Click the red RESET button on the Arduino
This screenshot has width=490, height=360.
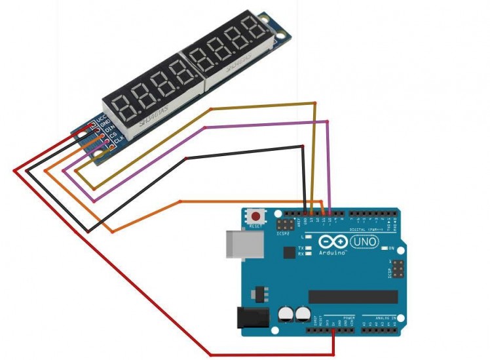click(x=255, y=216)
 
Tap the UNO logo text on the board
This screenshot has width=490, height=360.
click(x=364, y=242)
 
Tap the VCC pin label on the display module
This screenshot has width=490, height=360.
click(x=102, y=117)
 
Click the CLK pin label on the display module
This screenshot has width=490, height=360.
click(x=119, y=140)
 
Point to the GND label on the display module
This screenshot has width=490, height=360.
click(x=105, y=123)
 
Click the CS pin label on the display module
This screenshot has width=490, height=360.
click(x=113, y=135)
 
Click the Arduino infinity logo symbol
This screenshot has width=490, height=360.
click(x=332, y=243)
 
